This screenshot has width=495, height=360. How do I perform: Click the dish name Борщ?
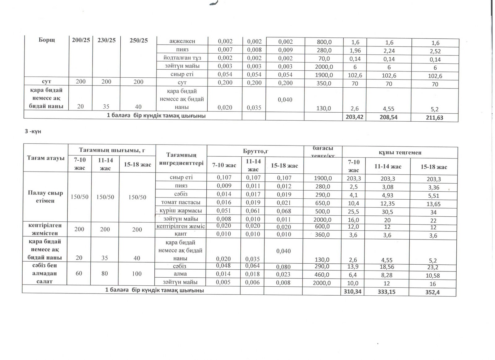click(x=47, y=40)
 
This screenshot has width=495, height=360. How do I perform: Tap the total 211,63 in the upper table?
click(x=434, y=118)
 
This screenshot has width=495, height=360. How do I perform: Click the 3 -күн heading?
click(x=33, y=131)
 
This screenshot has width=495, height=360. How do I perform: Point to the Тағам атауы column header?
click(x=45, y=158)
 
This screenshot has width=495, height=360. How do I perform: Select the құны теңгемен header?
click(x=400, y=152)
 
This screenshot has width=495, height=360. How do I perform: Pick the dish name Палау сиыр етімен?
click(x=45, y=197)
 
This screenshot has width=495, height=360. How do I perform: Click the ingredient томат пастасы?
click(x=181, y=202)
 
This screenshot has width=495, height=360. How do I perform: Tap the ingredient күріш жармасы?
click(x=181, y=211)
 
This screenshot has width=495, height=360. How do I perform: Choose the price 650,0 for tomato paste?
click(x=322, y=203)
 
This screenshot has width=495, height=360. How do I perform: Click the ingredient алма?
click(x=180, y=274)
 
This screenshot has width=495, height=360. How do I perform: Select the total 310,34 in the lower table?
click(x=352, y=292)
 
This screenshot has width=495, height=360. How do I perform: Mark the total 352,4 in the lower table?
click(x=432, y=292)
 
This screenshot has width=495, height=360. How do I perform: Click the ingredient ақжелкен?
click(x=182, y=41)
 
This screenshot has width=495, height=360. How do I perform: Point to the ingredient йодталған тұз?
click(x=182, y=58)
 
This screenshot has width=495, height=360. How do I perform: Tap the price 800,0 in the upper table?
click(x=324, y=42)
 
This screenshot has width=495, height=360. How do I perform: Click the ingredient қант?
click(x=181, y=234)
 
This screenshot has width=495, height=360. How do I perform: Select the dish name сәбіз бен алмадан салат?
click(x=45, y=274)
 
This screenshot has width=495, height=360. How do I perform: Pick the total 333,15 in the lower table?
click(x=386, y=292)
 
